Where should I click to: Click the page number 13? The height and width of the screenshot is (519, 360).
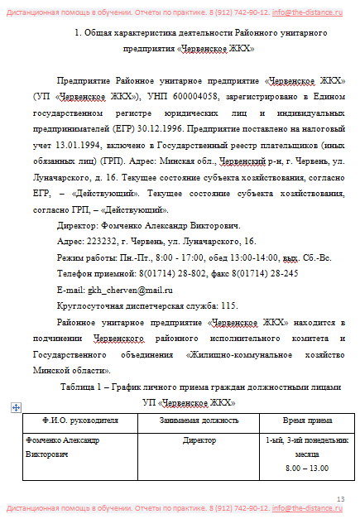[x=341, y=497]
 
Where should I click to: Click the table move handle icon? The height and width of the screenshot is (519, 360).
[x=16, y=407]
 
